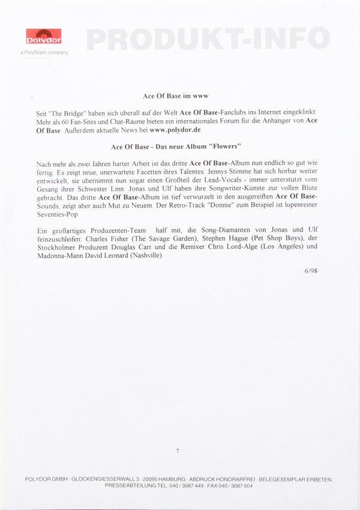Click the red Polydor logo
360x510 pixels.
43,37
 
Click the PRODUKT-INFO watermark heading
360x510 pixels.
208,39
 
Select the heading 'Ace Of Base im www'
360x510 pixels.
175,96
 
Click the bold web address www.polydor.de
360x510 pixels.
176,130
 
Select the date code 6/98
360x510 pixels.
311,271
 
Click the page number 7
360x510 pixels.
178,450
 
